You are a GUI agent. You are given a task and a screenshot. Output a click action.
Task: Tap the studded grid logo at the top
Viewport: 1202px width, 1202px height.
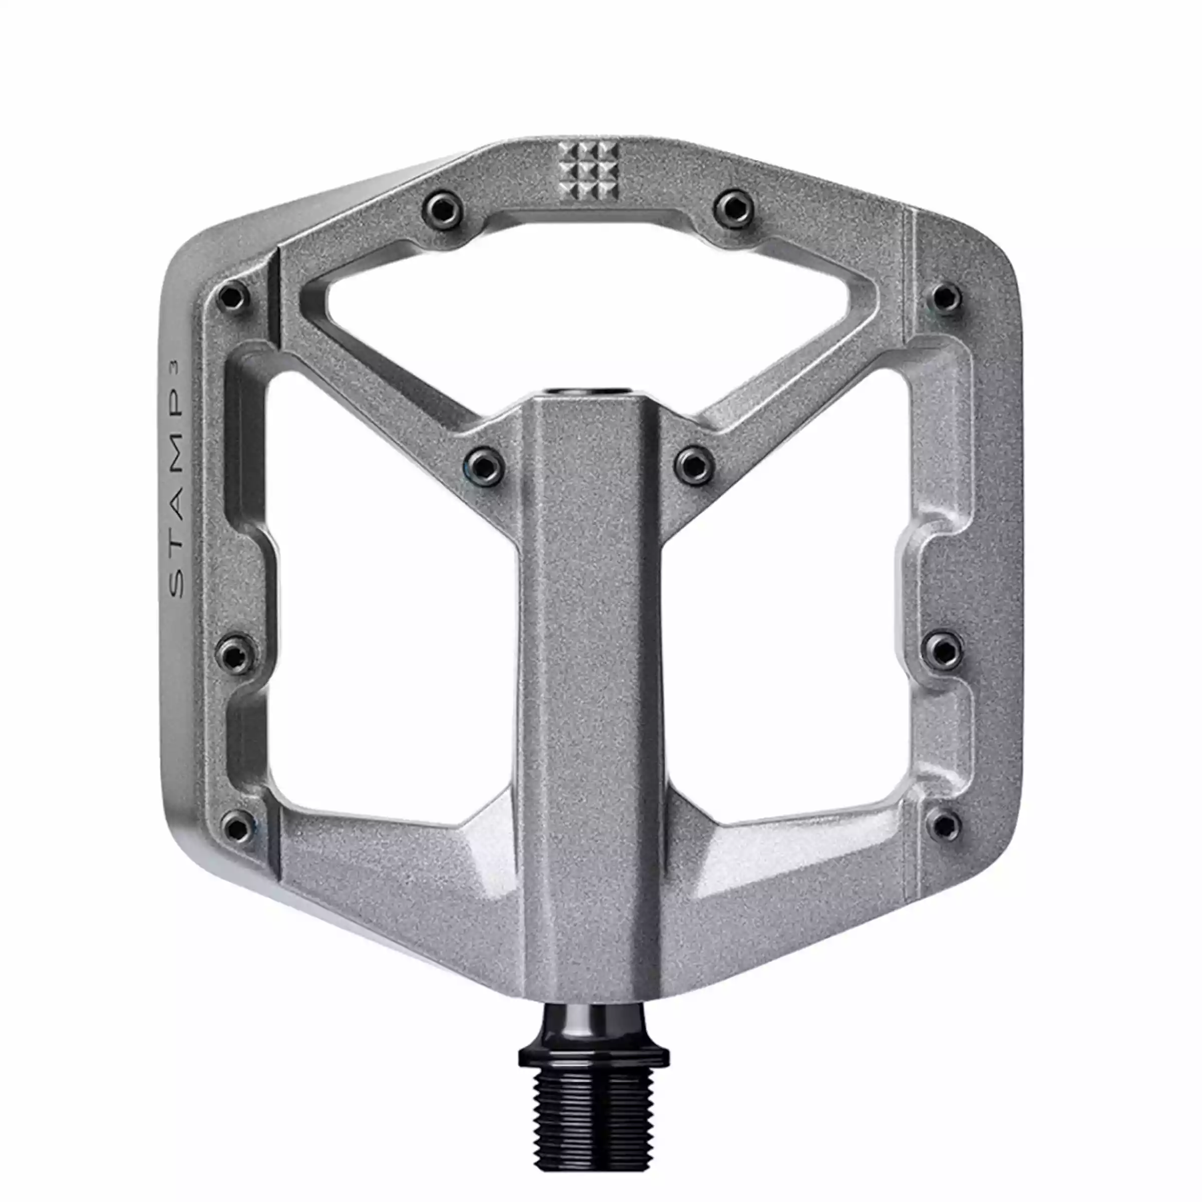(x=587, y=169)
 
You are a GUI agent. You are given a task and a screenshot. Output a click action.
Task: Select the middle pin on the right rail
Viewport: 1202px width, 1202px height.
(x=945, y=650)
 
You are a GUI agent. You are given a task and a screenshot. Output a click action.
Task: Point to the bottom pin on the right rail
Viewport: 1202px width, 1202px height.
(x=945, y=825)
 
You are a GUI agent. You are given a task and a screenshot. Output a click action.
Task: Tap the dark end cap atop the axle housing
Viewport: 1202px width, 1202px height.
(x=587, y=392)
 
